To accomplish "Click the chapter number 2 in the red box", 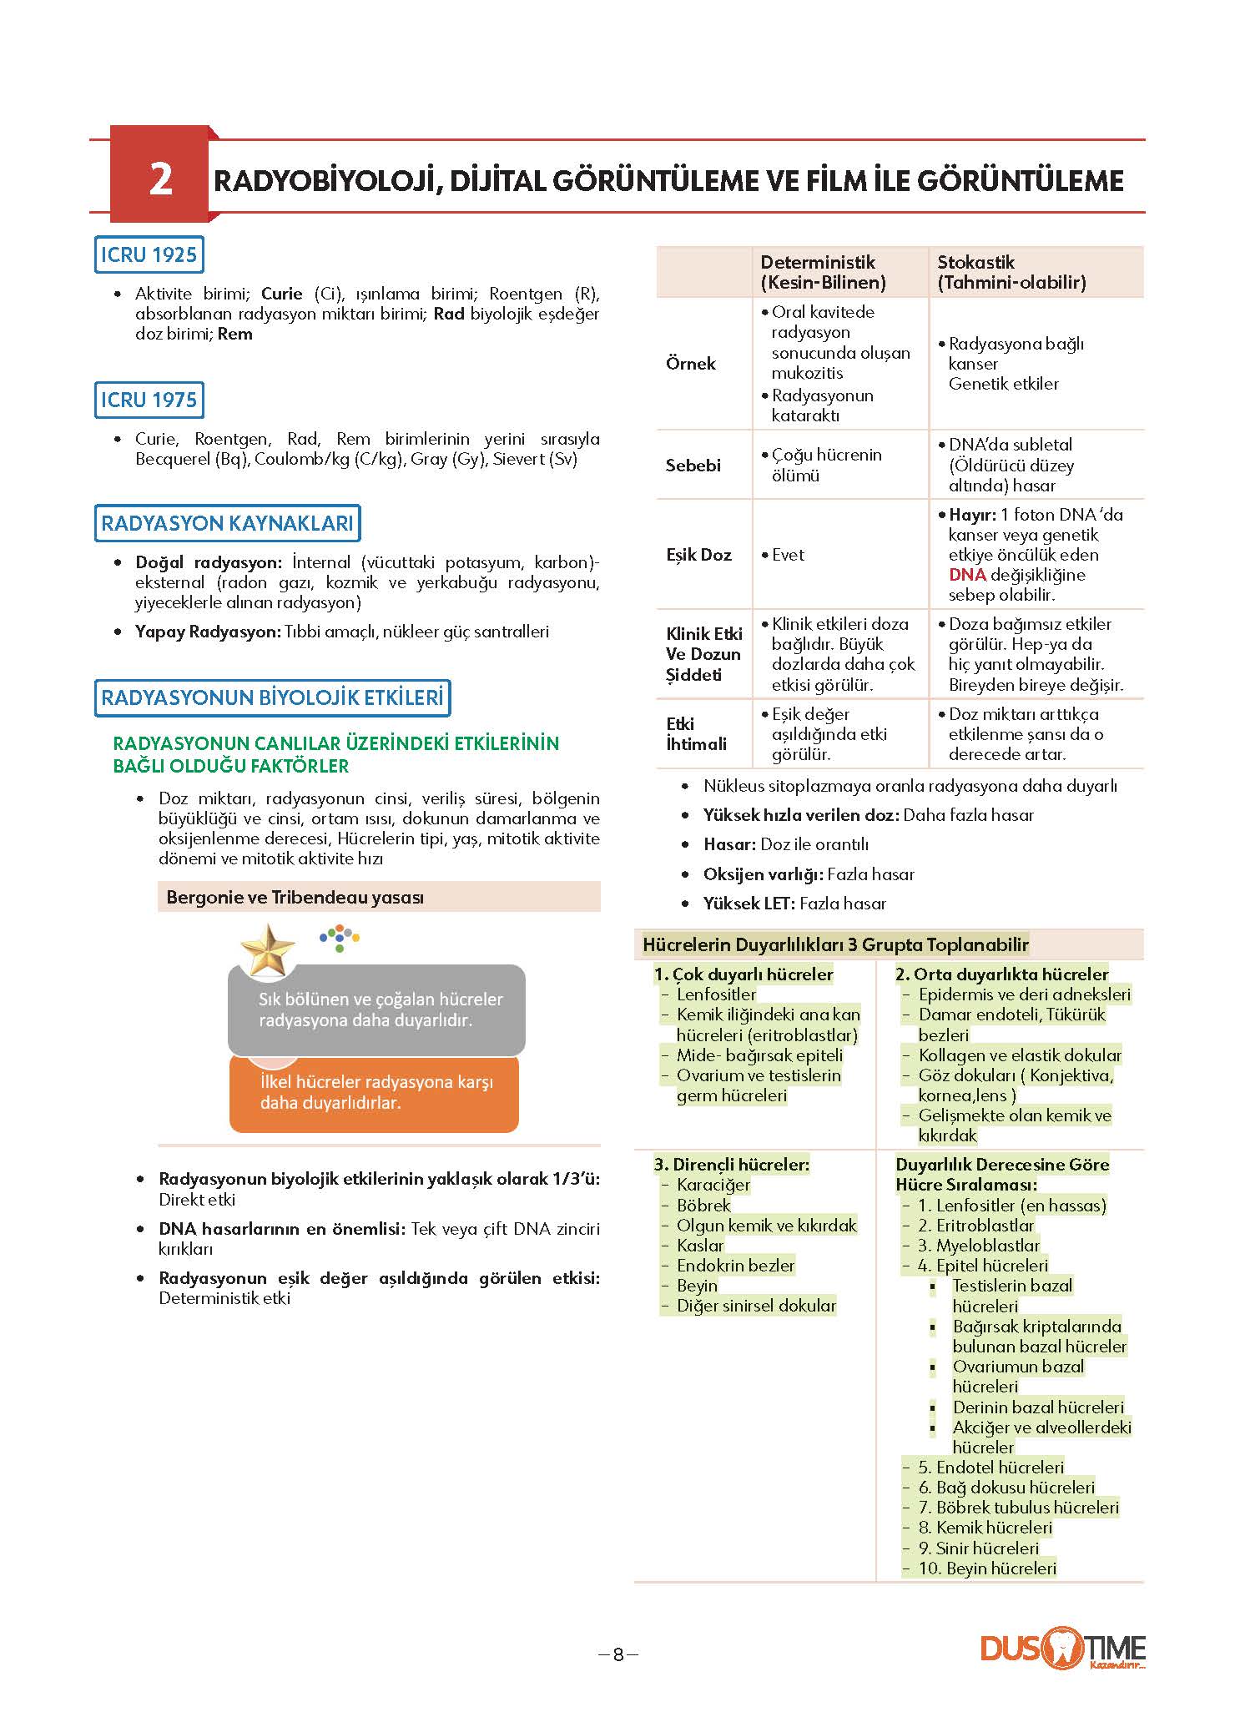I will pos(160,179).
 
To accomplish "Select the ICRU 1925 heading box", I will pos(149,254).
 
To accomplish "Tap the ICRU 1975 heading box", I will pos(149,400).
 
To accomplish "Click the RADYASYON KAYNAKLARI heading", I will pos(227,523).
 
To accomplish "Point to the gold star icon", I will pos(267,949).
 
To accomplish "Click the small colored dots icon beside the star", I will pos(340,937).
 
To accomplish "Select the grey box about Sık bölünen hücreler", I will pos(376,1009).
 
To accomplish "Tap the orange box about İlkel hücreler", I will pos(374,1092).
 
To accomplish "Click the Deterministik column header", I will pos(822,272).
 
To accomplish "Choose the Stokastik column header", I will pos(1011,272).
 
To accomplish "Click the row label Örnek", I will pos(691,364).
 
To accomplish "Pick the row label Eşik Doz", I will pos(698,555).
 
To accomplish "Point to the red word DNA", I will pos(967,575).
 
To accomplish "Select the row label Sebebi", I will pos(693,466).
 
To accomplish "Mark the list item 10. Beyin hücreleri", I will pos(987,1568).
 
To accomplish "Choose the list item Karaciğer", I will pos(713,1185).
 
